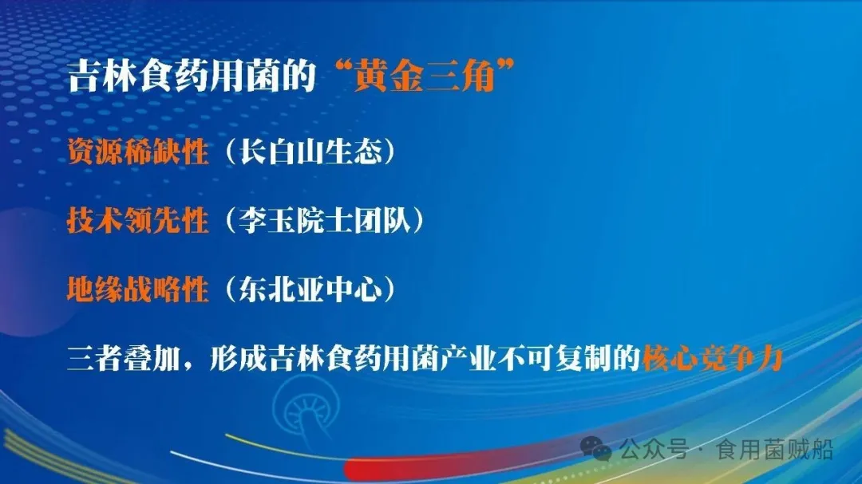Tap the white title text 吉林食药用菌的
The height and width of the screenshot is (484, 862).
point(193,78)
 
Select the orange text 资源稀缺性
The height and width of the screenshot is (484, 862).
point(137,151)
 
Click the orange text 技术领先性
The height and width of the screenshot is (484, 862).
point(137,221)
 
